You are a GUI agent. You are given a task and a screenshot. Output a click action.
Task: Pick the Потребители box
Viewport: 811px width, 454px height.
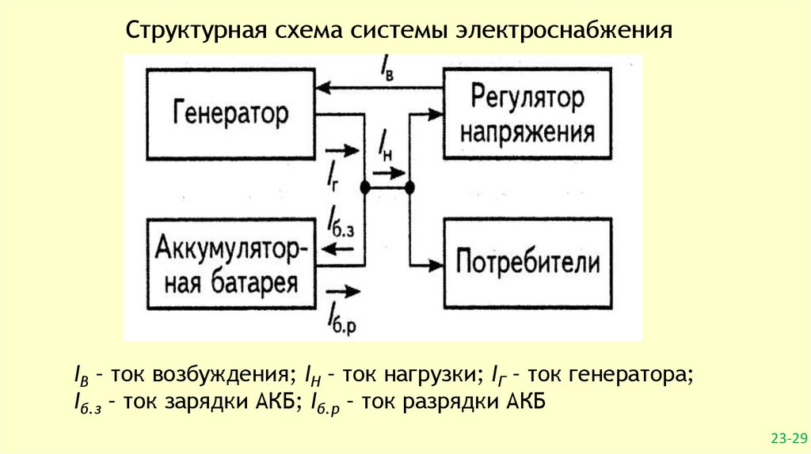click(528, 262)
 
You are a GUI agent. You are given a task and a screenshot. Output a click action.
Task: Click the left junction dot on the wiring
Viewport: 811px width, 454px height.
click(365, 187)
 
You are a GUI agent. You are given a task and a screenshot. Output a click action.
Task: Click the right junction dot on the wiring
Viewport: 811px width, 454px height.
click(410, 187)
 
